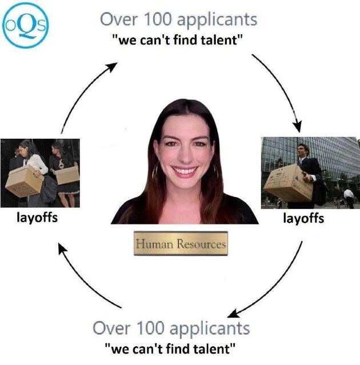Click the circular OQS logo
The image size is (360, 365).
(x=25, y=25)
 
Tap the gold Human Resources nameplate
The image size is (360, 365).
(x=181, y=243)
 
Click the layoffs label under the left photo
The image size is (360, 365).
(x=37, y=218)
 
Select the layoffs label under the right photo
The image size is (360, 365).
(x=303, y=219)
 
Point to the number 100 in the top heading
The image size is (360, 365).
(x=158, y=19)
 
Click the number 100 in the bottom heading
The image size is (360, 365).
(x=150, y=328)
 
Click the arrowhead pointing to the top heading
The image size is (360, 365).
(x=111, y=67)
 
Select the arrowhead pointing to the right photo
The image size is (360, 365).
(x=297, y=126)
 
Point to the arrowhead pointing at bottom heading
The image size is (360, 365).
(x=234, y=314)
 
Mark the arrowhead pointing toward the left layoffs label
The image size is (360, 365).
(x=62, y=248)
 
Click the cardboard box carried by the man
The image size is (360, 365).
(x=289, y=183)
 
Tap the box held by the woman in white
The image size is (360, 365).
(x=24, y=181)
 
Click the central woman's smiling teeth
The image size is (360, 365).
(x=185, y=171)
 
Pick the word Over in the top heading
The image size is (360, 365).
(x=119, y=19)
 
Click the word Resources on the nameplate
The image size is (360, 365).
(x=201, y=244)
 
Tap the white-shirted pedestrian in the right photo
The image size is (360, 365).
(x=349, y=198)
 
